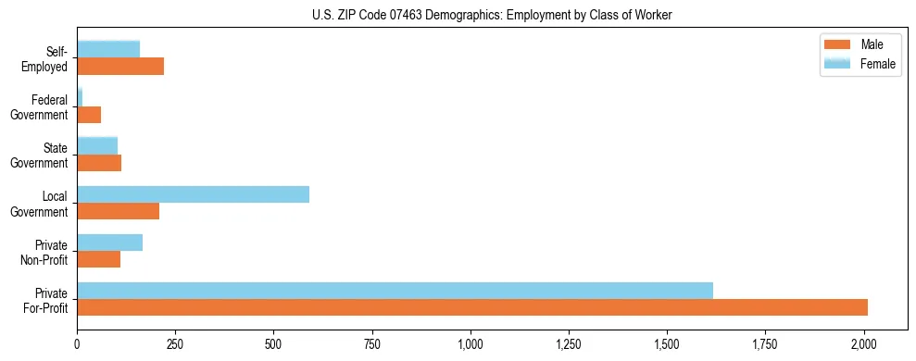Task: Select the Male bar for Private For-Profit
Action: [x=472, y=307]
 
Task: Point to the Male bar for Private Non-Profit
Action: [x=98, y=259]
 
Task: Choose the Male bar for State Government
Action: [x=99, y=163]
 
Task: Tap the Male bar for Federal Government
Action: [x=89, y=115]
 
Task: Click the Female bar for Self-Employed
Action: [x=108, y=49]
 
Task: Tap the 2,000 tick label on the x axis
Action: [x=864, y=343]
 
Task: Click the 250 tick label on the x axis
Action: [x=175, y=343]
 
